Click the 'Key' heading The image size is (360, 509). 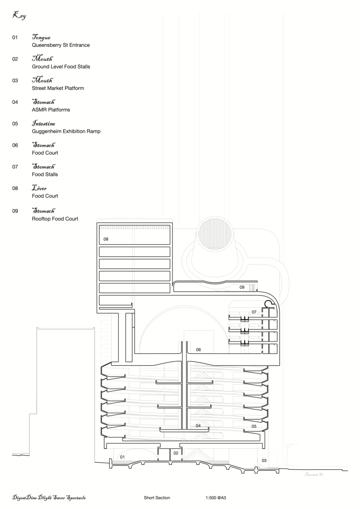(x=19, y=16)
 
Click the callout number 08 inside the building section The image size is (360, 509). (x=106, y=239)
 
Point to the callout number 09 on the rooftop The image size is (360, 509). (x=242, y=287)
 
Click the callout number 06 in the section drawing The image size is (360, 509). (x=198, y=349)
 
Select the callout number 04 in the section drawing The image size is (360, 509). (x=198, y=425)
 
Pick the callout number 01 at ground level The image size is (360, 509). (x=122, y=456)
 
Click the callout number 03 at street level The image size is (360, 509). (x=264, y=460)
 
